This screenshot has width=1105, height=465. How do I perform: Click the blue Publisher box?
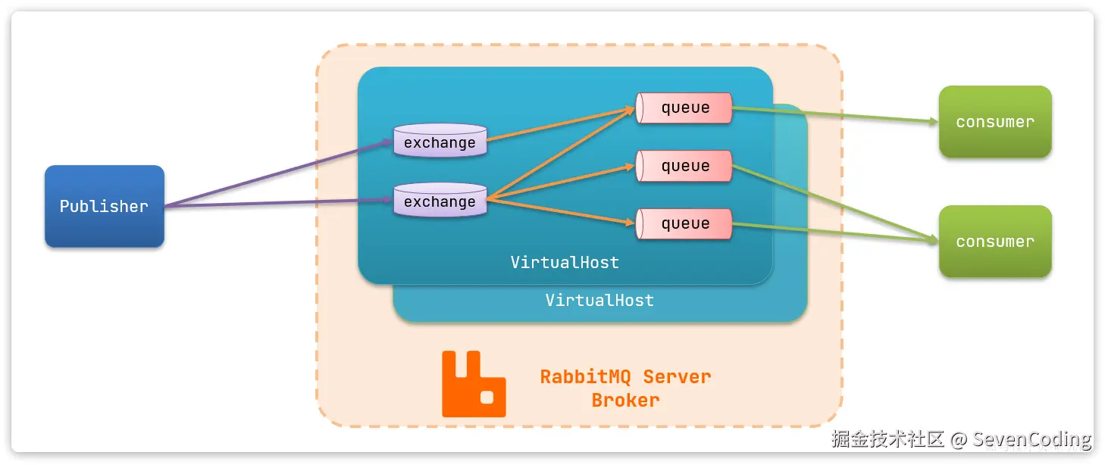coord(104,206)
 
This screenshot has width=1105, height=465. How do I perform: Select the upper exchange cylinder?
coord(440,142)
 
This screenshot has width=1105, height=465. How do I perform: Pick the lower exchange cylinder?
coord(440,201)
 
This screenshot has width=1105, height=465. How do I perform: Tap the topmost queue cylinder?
coord(684,108)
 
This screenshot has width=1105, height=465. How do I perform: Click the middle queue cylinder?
coord(684,166)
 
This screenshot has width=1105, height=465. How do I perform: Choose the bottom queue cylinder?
coord(684,223)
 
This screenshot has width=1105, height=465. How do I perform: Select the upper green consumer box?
coord(994,122)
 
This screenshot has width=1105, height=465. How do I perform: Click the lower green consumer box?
coord(994,242)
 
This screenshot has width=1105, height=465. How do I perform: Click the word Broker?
coord(625,400)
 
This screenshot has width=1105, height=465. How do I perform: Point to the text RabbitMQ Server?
coord(625,376)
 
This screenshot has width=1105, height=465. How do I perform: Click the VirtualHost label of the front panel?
coord(565,263)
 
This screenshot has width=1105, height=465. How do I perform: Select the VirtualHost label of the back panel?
coord(599,301)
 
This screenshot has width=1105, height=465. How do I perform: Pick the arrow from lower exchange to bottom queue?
coord(561,211)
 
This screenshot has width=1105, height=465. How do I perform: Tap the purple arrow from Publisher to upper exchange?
coord(280,173)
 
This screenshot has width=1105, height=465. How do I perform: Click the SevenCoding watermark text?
coord(1031,439)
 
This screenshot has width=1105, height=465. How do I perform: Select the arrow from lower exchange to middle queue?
coord(561,182)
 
